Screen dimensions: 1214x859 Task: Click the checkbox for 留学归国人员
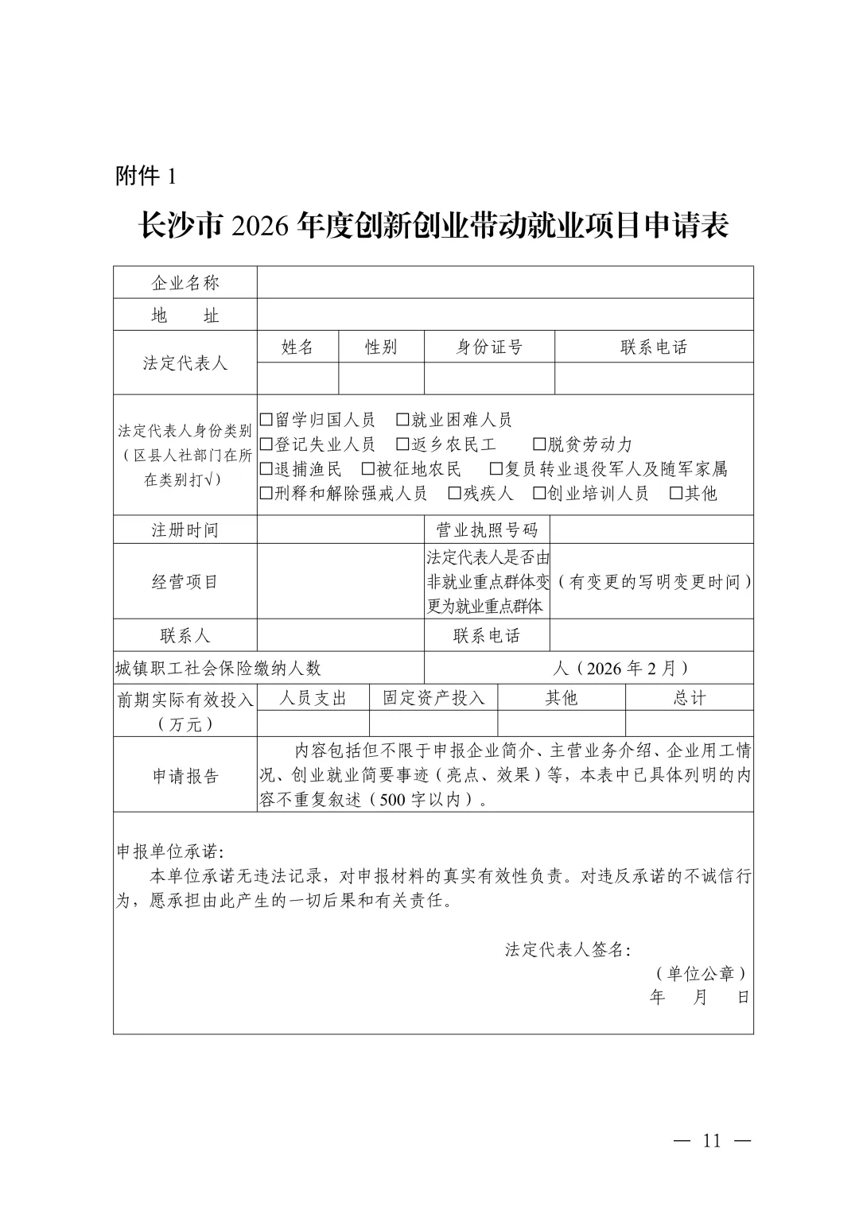click(x=266, y=420)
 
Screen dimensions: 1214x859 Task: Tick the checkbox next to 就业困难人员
click(x=402, y=420)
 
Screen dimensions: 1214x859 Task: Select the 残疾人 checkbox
click(x=455, y=494)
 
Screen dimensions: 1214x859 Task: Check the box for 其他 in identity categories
click(x=676, y=494)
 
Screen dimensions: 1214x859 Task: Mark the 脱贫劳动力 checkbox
click(x=538, y=444)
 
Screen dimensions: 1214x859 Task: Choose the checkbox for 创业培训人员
click(x=538, y=494)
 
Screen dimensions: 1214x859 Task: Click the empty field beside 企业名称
click(x=505, y=282)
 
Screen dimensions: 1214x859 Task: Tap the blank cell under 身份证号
click(x=489, y=378)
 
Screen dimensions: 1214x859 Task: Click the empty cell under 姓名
click(x=298, y=378)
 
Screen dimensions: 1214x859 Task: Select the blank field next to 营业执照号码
click(x=651, y=529)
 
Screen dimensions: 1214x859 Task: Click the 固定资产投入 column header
click(x=433, y=698)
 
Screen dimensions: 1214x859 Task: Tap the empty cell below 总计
click(x=689, y=723)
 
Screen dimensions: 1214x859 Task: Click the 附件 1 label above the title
click(x=146, y=176)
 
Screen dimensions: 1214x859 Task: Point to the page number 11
click(x=711, y=1141)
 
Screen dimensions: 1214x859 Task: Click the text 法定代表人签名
click(x=568, y=950)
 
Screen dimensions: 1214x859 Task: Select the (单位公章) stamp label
click(x=701, y=974)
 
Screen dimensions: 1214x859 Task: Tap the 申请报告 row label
click(x=185, y=776)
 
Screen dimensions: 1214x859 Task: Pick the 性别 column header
click(x=381, y=347)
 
